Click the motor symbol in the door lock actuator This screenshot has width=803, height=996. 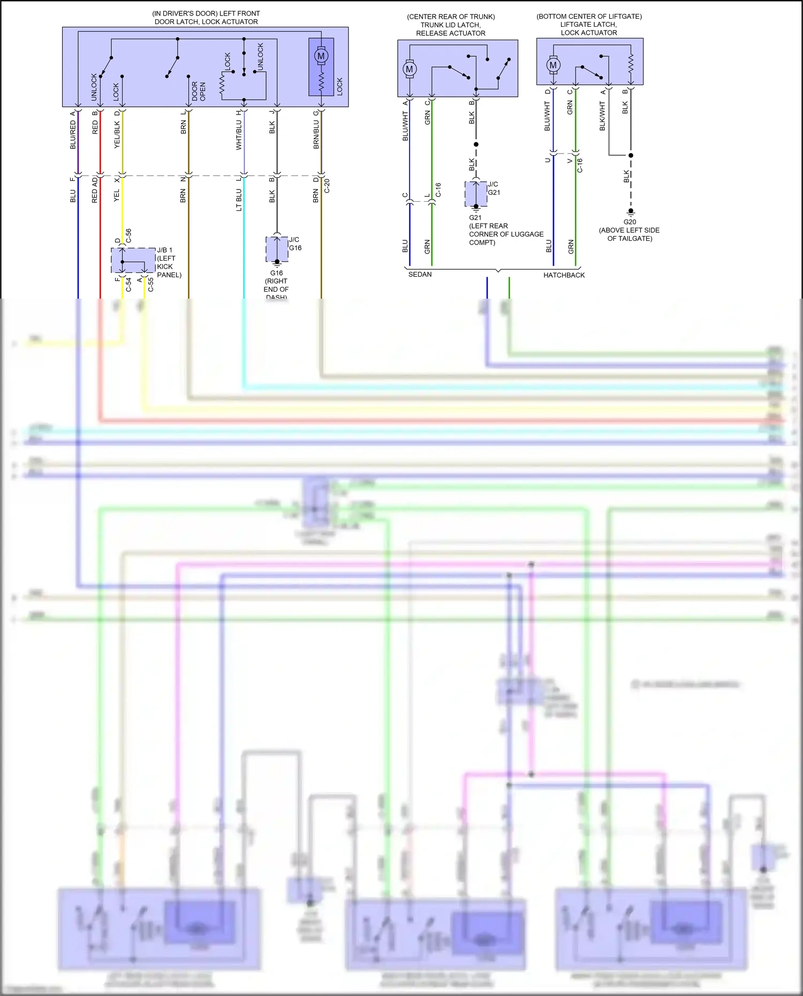coord(321,56)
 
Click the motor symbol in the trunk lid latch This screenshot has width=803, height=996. coord(410,69)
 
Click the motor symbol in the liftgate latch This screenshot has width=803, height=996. coord(553,65)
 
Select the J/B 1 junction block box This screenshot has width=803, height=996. coord(133,261)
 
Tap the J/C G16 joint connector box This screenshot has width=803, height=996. coord(277,249)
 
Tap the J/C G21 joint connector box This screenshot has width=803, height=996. coord(476,194)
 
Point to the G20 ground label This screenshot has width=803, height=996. coord(630,222)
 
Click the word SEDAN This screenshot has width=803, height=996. coord(420,275)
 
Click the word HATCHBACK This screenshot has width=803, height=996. coord(564,275)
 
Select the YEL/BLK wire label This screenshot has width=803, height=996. coord(117,134)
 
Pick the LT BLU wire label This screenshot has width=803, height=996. coord(239,200)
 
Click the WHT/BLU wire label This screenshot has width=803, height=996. coord(239,134)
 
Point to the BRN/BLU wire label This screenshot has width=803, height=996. coord(316,134)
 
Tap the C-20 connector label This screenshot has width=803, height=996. coord(327,186)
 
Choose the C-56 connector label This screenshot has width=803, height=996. coord(128,236)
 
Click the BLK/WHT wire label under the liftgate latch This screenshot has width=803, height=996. coord(602,117)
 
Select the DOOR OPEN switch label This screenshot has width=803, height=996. coord(199,91)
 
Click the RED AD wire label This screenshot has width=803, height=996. coord(95,190)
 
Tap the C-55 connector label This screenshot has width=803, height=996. coord(151,285)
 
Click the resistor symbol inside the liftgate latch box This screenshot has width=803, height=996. coord(631,63)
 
